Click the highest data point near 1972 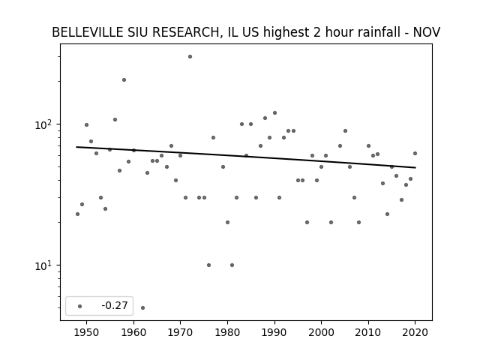(190, 57)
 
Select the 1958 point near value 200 (124, 80)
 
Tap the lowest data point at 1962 (143, 308)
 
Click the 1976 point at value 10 (208, 265)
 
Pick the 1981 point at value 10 (232, 265)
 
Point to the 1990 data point (275, 113)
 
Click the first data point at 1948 (77, 214)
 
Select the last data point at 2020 (415, 153)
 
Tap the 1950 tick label (87, 332)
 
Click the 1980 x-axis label (227, 332)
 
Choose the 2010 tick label (368, 332)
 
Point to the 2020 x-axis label (415, 332)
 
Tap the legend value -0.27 (115, 305)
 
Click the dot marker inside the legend (80, 307)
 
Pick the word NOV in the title (427, 32)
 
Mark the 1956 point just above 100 (115, 120)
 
